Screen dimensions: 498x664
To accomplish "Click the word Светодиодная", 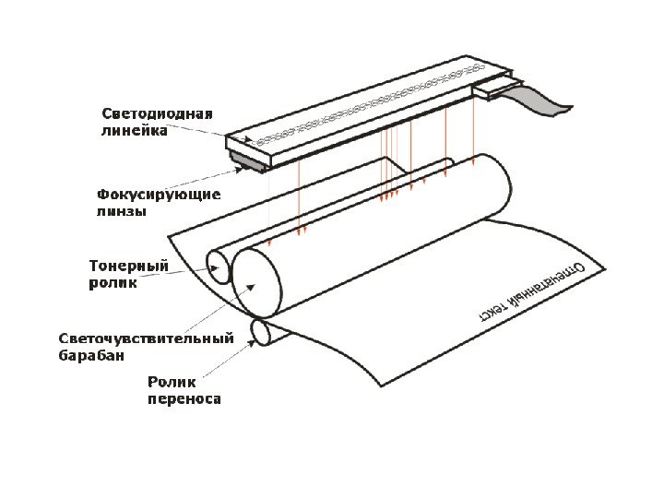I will point(156,114).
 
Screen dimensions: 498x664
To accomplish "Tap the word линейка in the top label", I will point(134,131).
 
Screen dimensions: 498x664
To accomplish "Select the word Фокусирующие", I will point(159,195).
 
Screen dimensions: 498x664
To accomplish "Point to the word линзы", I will point(122,211).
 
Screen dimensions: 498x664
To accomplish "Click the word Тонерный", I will point(128,267).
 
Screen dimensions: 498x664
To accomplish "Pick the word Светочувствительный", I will point(146,338).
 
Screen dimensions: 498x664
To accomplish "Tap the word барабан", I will point(91,354).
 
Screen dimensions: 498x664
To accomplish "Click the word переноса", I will point(184,399).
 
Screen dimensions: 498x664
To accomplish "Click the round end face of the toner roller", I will point(219,267).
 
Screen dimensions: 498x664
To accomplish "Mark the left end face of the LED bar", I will point(247,150).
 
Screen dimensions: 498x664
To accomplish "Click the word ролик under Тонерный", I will point(113,283).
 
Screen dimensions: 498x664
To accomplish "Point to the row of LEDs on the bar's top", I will point(369,101).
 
